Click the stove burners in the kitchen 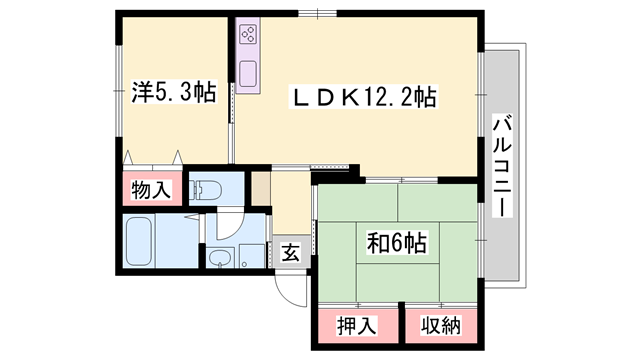point(247,38)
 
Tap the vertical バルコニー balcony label point(503,166)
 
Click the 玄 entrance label point(290,252)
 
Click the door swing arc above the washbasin point(226,225)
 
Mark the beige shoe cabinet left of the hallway point(260,189)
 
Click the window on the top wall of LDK point(323,14)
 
